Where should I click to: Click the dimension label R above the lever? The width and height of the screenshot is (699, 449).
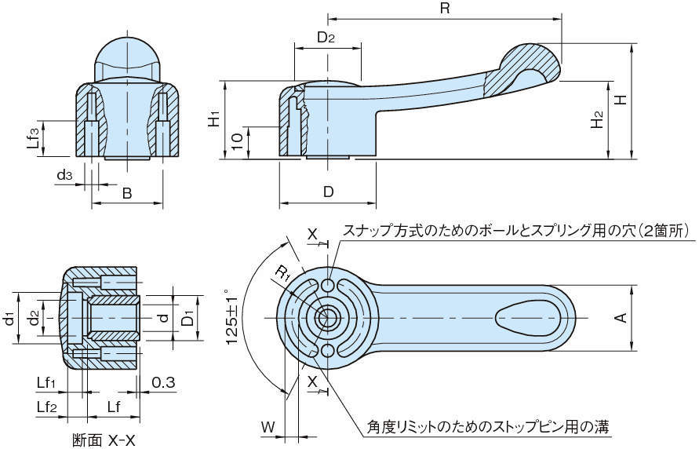pyautogui.click(x=444, y=9)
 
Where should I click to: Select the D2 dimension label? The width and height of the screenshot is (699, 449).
pyautogui.click(x=327, y=37)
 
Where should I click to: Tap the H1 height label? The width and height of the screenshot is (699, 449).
pyautogui.click(x=213, y=119)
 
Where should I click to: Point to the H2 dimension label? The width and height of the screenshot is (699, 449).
pyautogui.click(x=598, y=119)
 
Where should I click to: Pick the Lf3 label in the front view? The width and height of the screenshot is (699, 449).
pyautogui.click(x=32, y=139)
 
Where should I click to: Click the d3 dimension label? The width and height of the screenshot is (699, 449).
pyautogui.click(x=64, y=175)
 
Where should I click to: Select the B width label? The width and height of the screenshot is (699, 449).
pyautogui.click(x=127, y=193)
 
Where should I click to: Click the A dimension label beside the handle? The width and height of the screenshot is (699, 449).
pyautogui.click(x=620, y=317)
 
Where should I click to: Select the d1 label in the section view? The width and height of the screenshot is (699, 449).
pyautogui.click(x=9, y=318)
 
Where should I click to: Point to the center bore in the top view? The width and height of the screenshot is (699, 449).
pyautogui.click(x=326, y=318)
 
